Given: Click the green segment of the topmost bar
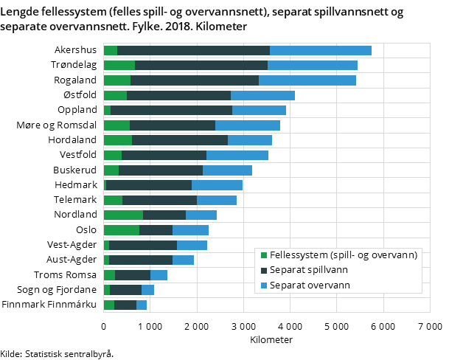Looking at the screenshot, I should pos(111,50).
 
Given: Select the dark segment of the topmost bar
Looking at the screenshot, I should pos(193,50).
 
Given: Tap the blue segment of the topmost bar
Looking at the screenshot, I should pos(321,50).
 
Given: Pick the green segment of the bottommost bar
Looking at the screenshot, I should pos(109,305).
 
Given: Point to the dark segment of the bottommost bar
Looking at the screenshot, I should pos(125,305).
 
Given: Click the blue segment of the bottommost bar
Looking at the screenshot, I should pos(142,305).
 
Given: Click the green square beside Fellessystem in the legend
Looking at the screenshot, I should pos(264,255).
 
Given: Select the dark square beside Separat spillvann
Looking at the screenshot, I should pos(264,270).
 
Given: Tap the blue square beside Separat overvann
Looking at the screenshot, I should pos(264,285).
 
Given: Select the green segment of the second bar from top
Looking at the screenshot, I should pos(119,65).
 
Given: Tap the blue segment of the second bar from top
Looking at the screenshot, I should pos(313,65).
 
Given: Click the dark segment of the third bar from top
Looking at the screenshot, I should pos(195,80).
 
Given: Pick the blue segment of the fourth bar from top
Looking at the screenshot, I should pos(262,95).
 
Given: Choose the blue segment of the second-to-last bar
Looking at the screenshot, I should pos(147,290).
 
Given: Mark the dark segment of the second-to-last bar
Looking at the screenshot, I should pos(125,290).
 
